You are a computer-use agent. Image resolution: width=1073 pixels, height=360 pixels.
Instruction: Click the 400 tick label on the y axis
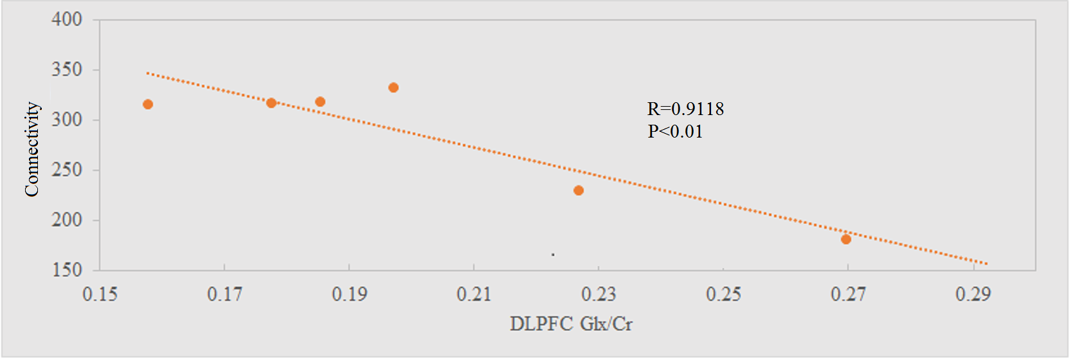[67, 19]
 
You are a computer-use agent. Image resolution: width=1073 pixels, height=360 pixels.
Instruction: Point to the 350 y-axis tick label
[67, 69]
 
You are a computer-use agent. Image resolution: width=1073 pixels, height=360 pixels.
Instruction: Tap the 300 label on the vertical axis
[67, 120]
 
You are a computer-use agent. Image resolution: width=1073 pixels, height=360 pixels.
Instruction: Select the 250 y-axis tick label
[67, 170]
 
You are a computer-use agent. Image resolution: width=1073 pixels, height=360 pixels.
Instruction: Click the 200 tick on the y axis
[67, 220]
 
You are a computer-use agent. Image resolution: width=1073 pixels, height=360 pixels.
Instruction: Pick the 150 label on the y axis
[67, 270]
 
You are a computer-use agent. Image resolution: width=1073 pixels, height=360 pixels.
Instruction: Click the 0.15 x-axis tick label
[100, 294]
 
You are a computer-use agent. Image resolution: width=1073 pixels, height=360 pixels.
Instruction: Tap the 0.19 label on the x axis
[349, 294]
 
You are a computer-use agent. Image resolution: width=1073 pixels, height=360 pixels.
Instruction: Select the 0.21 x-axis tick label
[474, 294]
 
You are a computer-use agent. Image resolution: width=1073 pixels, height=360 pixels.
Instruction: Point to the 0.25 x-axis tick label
[723, 294]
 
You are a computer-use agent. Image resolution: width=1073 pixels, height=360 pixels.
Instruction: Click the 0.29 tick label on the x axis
[973, 294]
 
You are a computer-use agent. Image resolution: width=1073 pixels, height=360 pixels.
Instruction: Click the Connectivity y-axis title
[32, 149]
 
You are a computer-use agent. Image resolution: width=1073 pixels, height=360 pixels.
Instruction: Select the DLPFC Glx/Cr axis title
[571, 323]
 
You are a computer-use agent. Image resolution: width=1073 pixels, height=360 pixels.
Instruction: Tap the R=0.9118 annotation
[685, 109]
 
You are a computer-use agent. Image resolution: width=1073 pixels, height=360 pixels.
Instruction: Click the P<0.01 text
[675, 132]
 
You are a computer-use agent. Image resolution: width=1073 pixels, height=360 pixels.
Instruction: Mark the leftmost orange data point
[148, 104]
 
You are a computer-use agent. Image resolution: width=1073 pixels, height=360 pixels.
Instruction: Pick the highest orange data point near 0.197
[393, 87]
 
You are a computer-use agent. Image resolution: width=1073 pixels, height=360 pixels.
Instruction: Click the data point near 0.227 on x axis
[579, 190]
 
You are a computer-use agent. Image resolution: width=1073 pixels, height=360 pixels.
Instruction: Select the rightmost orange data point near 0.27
[846, 239]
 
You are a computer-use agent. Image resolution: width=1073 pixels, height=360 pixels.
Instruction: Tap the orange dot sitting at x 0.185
[320, 102]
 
